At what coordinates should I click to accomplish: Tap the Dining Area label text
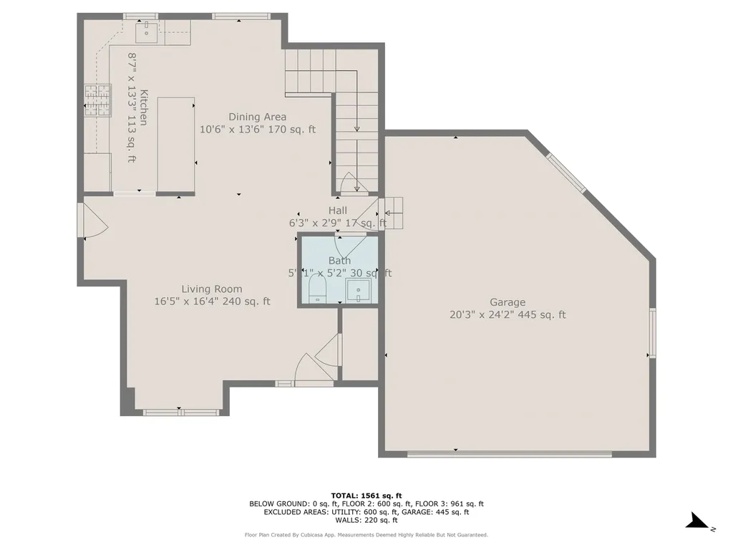coord(258,117)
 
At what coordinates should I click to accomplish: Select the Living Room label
coord(212,289)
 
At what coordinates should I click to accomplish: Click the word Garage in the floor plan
coord(508,302)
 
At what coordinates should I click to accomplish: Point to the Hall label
coord(338,211)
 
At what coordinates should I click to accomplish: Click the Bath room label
coord(339,261)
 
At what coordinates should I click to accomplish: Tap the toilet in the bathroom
coord(316,290)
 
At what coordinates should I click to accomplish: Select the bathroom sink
coord(356,291)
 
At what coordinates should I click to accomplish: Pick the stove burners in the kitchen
coord(98,100)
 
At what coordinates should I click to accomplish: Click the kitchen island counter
coord(177,146)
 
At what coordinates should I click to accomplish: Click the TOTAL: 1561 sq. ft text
coord(366,496)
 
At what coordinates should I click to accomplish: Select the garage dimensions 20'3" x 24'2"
coord(508,314)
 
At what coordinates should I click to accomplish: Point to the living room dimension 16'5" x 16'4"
coord(212,301)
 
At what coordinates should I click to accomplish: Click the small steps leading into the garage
coord(393,213)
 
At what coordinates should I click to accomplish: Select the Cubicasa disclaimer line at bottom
coord(366,535)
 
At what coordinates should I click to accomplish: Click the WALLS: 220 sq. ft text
coord(366,521)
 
